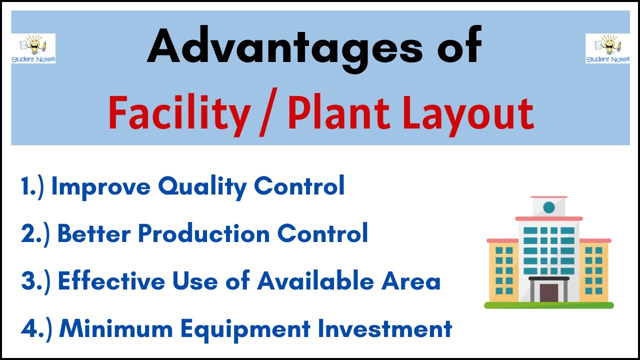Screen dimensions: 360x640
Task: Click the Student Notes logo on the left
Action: pos(33,48)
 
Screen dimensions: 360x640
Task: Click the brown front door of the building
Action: pos(548,292)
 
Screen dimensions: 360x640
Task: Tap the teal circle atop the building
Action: pos(548,207)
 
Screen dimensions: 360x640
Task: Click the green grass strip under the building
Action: pos(548,304)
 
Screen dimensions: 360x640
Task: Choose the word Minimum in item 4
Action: pos(116,328)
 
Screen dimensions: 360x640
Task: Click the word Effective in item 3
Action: pos(111,281)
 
